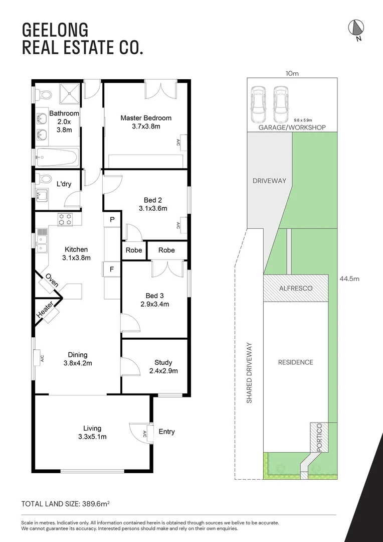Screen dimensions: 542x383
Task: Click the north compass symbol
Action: pos(356,29)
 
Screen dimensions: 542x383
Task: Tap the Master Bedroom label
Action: pos(146,118)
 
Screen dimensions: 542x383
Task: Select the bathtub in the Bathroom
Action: pos(57,157)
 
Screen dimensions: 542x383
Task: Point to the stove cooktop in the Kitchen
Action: pos(65,219)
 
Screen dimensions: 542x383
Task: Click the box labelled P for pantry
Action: pos(112,219)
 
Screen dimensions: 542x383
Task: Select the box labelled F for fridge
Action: pos(112,269)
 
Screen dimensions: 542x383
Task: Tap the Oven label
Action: pos(52,281)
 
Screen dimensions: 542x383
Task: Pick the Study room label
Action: pos(163,362)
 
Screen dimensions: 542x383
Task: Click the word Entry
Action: pos(166,432)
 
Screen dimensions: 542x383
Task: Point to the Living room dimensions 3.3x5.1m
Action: pos(92,437)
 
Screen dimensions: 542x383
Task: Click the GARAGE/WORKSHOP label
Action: pos(292,127)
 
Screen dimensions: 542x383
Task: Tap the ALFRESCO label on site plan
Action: pos(296,288)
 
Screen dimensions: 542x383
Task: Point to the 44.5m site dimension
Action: pos(349,279)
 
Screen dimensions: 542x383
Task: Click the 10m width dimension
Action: pos(292,74)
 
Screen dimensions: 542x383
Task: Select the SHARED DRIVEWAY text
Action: pos(249,373)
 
